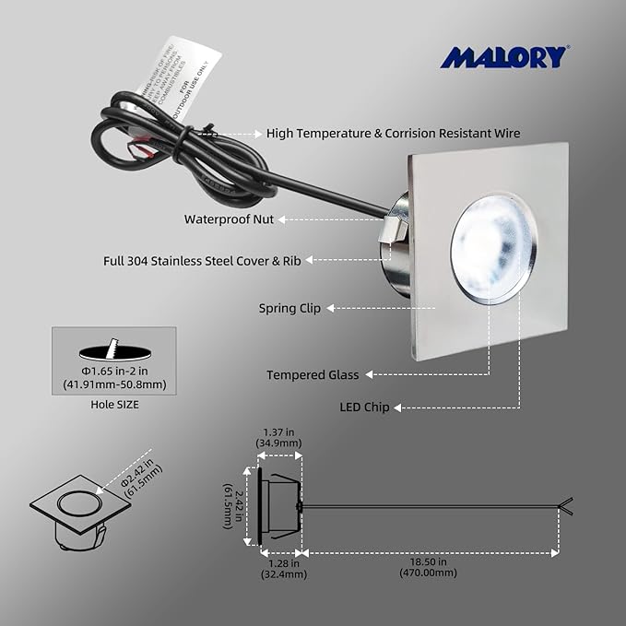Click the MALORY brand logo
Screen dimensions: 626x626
502,57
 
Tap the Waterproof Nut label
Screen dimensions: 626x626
229,219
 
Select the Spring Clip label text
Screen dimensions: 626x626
289,308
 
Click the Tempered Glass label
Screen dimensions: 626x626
313,374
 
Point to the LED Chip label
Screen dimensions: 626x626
364,407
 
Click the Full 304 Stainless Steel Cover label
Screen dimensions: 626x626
203,261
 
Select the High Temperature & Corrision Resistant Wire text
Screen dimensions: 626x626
393,134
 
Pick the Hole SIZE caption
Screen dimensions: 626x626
114,403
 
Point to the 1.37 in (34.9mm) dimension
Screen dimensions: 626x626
278,437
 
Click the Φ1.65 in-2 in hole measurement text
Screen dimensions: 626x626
114,378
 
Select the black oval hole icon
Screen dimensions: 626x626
113,352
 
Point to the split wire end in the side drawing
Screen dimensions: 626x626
564,505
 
